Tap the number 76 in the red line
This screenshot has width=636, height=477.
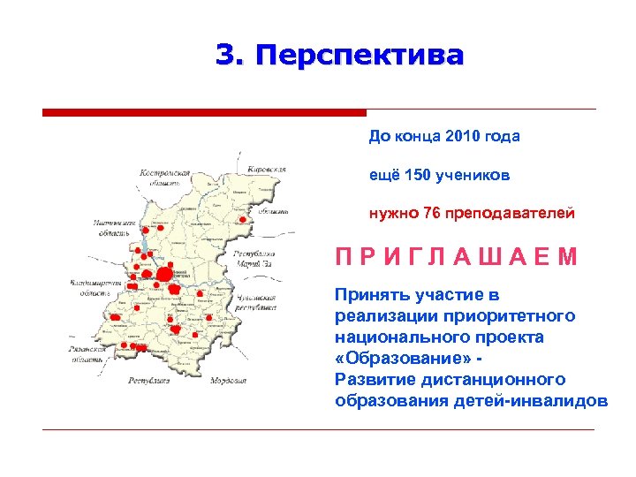pyautogui.click(x=433, y=213)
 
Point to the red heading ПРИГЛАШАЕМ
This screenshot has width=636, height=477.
pyautogui.click(x=456, y=257)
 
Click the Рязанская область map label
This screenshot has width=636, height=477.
pyautogui.click(x=88, y=354)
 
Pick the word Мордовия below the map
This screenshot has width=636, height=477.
pyautogui.click(x=227, y=381)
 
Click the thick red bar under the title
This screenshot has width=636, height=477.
pyautogui.click(x=204, y=113)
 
